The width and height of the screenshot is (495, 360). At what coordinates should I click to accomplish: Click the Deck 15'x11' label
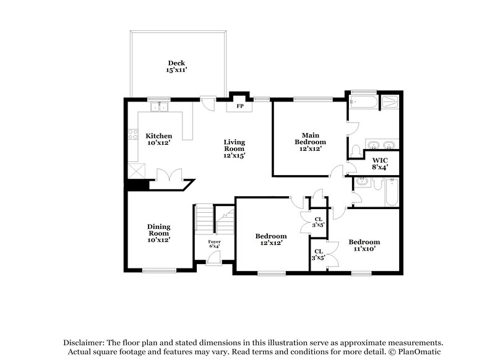[x=176, y=67]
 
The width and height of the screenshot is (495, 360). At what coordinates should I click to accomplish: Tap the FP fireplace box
[x=239, y=106]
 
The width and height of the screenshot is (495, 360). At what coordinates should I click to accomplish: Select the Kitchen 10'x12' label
[x=158, y=139]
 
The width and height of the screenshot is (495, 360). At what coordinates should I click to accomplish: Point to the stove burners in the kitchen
[x=132, y=133]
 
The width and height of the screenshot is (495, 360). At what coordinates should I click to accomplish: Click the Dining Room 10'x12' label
[x=158, y=233]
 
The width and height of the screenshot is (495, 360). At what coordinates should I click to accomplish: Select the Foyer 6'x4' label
[x=214, y=244]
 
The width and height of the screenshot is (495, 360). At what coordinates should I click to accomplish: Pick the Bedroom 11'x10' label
[x=364, y=245]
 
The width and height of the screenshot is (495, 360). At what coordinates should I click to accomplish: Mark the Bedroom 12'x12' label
[x=272, y=239]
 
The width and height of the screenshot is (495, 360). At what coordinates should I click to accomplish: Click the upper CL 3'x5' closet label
[x=318, y=221]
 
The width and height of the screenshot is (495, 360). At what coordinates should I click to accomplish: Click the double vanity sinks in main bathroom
[x=380, y=145]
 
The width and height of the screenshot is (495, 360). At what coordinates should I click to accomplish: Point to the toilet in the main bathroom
[x=356, y=150]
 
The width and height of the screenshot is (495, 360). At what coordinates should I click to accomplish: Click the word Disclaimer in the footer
[x=84, y=342]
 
